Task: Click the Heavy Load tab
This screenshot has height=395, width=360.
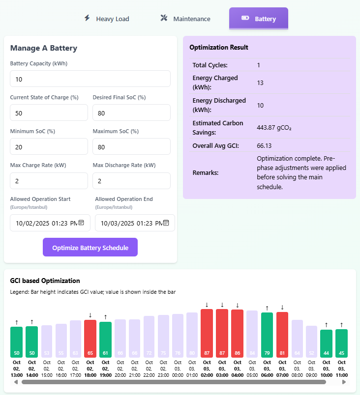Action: pos(106,19)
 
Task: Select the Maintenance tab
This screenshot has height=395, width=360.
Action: pos(185,19)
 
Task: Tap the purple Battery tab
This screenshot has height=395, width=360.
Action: pos(258,19)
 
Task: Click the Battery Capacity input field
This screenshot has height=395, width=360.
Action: pos(90,79)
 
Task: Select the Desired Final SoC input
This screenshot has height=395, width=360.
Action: pos(131,113)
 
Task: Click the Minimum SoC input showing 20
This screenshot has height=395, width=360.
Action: pos(49,147)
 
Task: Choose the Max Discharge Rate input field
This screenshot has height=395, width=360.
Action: pos(131,181)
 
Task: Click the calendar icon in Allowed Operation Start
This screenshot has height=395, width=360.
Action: pos(82,223)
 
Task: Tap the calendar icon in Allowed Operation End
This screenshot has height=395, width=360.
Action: pos(166,223)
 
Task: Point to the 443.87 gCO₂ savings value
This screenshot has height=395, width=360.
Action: pos(274,127)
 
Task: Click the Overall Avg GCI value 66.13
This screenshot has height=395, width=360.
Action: pos(264,145)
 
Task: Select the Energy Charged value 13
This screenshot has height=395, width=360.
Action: pos(260,83)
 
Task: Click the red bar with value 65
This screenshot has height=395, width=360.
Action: pos(90,339)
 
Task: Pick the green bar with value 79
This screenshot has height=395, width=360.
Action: pos(267,335)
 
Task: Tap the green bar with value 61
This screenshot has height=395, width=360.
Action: pos(105,339)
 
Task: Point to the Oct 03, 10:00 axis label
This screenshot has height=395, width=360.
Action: pos(326,368)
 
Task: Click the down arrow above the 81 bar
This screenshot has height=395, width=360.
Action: pos(282,308)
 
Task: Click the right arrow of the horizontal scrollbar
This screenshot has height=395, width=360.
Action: pos(344,382)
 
